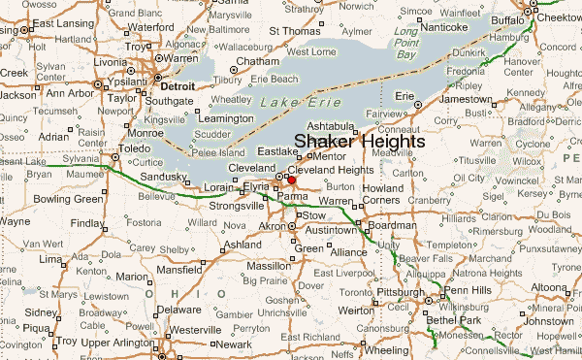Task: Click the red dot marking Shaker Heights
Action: point(291,180)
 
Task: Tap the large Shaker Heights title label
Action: point(359,142)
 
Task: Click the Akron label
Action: point(272,226)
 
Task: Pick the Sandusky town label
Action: point(165,176)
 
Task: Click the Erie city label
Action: point(404,96)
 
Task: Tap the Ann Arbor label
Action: point(69,94)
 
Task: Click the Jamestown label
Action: point(465,100)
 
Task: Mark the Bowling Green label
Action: point(67,200)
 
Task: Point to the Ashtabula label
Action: point(329,125)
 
